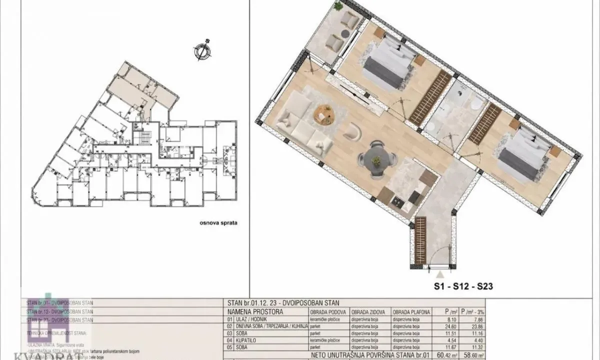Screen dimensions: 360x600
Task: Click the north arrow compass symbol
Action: click(x=201, y=51)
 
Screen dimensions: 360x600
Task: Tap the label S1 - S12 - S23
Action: click(x=463, y=286)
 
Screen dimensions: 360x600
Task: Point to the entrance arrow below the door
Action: click(x=439, y=274)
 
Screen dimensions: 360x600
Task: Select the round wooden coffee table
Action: click(x=324, y=114)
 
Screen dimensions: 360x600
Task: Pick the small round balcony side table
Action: click(x=345, y=33)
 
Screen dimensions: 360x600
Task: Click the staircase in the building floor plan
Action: click(x=144, y=137)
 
